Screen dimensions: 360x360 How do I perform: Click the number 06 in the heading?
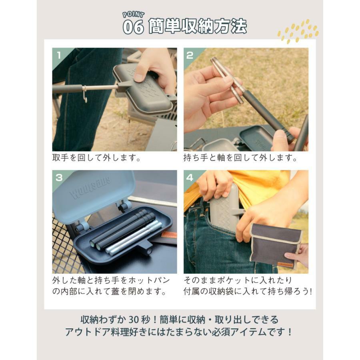133,27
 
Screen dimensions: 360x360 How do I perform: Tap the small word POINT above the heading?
133,15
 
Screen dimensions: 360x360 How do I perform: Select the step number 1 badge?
59,55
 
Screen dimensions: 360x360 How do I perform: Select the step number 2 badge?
190,55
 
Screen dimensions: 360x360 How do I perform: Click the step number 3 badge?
59,178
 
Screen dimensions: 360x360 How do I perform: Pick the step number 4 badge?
190,178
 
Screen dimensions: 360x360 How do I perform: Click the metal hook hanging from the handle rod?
85,94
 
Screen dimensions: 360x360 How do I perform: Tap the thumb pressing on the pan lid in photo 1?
140,73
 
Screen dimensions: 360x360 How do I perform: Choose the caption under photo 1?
96,158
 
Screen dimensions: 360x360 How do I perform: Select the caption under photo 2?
240,158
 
